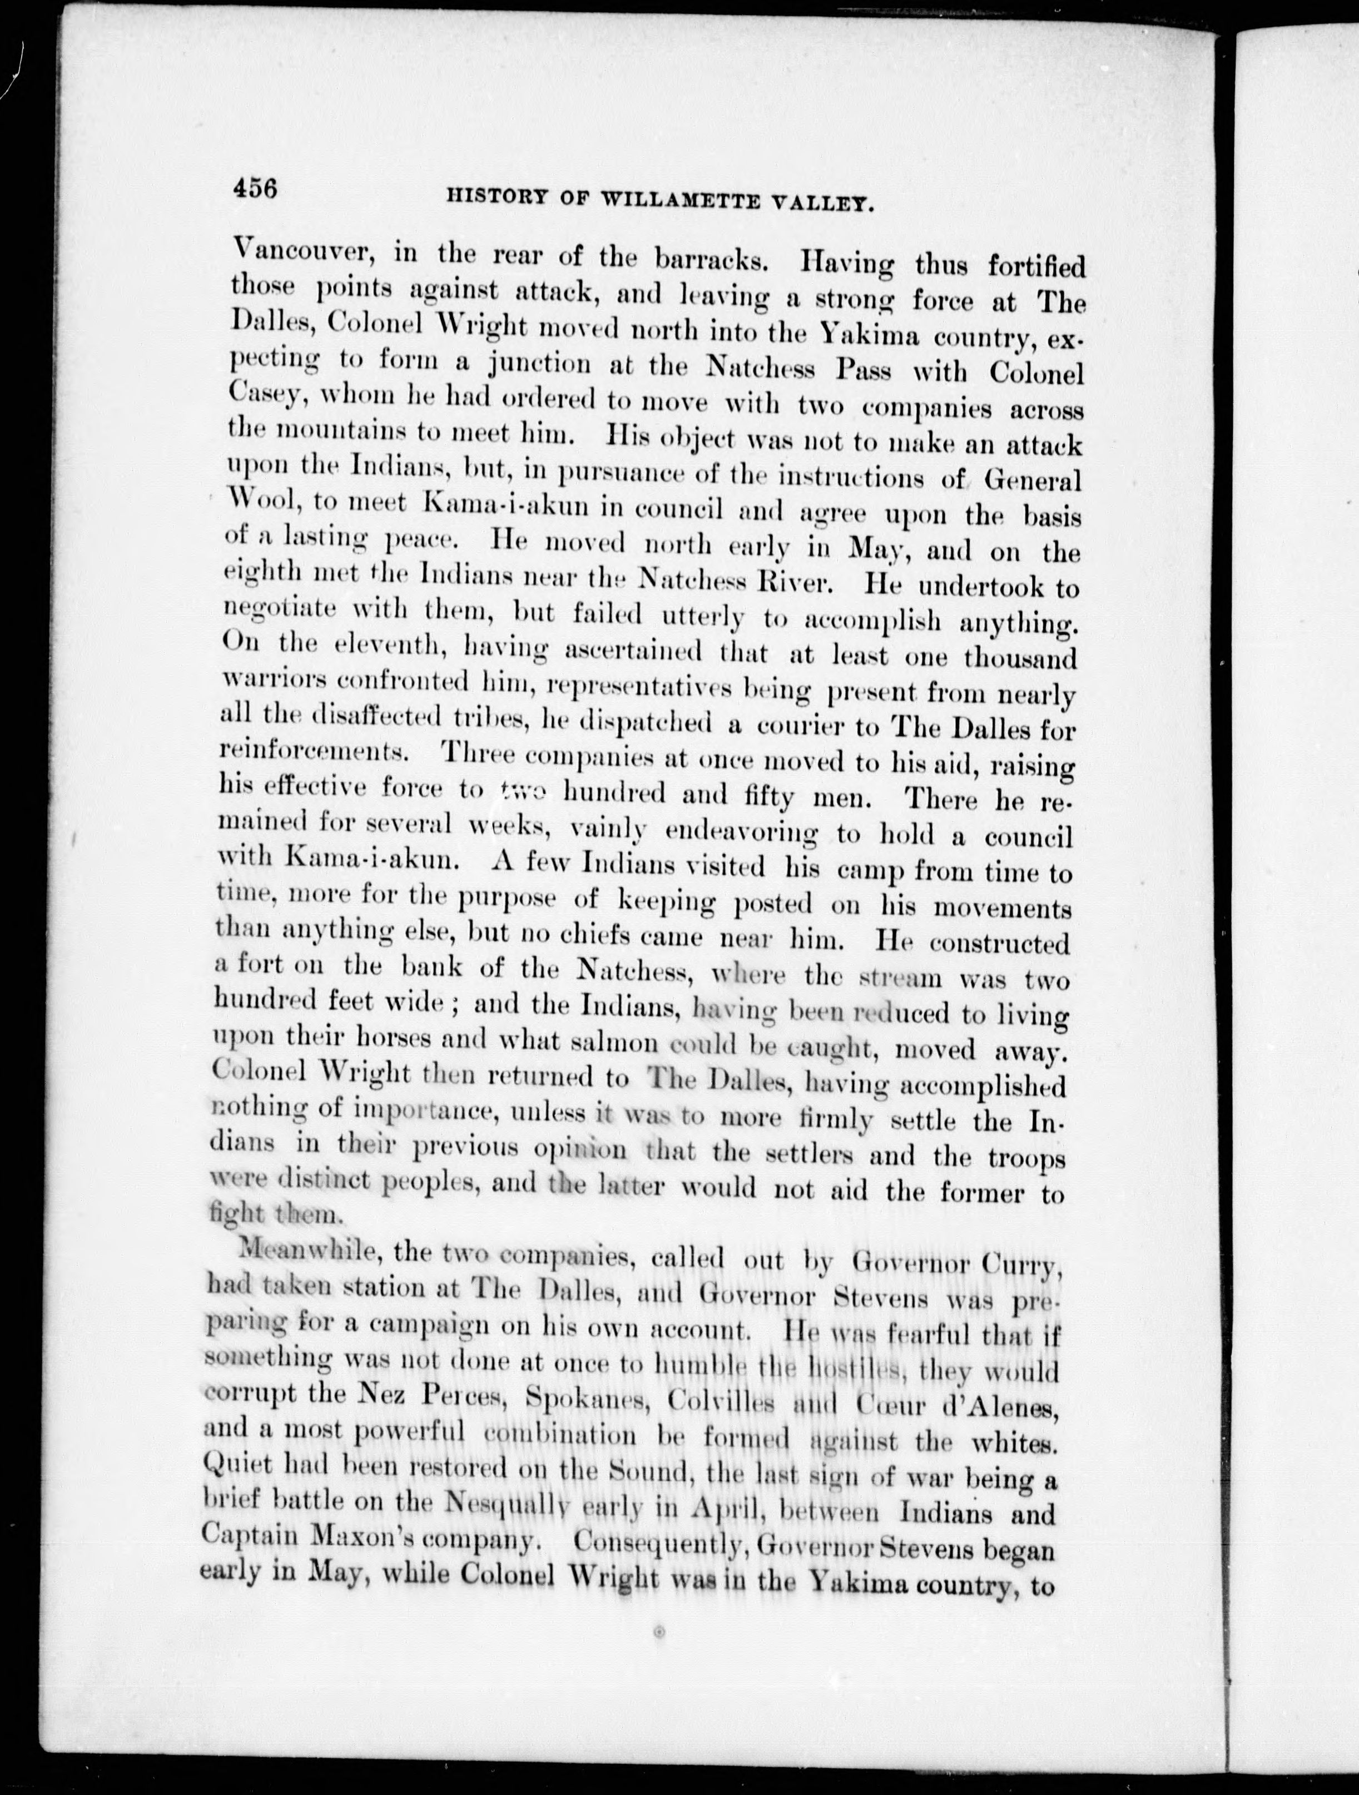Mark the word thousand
tap(1020, 657)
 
